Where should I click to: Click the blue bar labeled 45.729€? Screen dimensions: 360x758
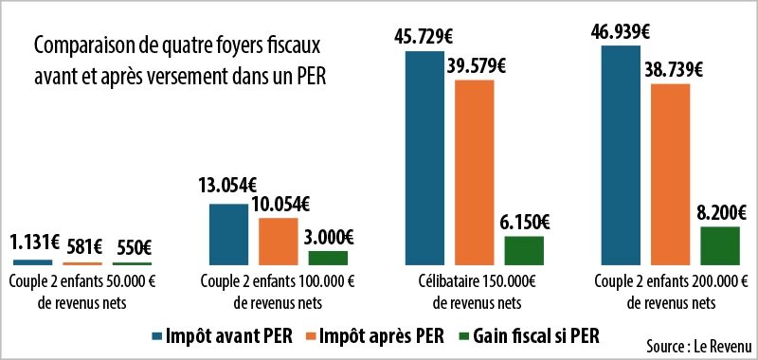424,156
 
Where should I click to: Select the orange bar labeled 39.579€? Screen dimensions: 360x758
474,171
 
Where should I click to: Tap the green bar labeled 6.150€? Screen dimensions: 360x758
524,249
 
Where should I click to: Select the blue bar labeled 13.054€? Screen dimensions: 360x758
227,233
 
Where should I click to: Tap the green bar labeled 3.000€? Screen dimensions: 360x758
328,257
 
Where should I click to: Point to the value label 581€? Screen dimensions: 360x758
82,246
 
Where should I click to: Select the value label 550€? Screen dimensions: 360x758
133,246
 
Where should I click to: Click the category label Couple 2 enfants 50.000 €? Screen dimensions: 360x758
82,281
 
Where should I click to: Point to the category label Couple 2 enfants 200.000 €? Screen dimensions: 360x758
668,281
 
